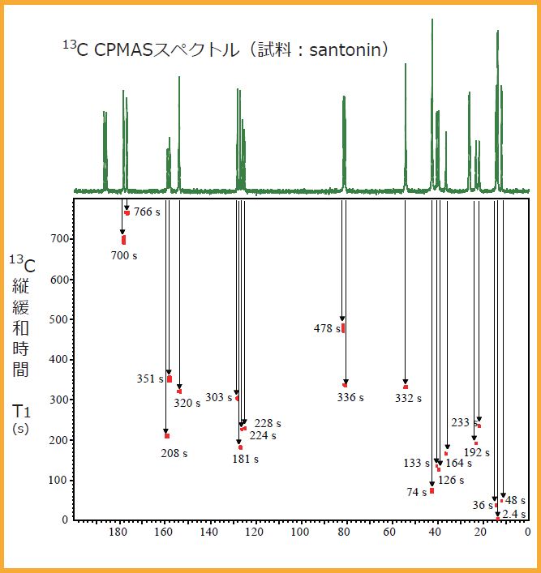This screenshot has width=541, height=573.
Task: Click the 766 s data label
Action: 148,212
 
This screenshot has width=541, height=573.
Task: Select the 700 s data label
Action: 124,255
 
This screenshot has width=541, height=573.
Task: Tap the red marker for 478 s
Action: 343,328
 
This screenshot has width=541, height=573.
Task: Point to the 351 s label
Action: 150,378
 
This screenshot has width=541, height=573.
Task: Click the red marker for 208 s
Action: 167,436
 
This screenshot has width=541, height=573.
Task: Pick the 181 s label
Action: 245,460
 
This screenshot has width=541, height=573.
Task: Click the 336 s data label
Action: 350,398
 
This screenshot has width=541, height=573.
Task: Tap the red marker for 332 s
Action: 406,387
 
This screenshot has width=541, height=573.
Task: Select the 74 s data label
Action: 417,492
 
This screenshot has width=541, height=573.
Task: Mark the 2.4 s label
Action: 514,514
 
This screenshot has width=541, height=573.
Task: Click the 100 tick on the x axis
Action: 300,532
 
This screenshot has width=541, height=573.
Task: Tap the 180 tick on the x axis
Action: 118,532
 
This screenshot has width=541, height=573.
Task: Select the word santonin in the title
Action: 344,50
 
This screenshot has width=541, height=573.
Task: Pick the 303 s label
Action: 218,398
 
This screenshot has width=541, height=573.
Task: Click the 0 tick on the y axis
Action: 66,520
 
